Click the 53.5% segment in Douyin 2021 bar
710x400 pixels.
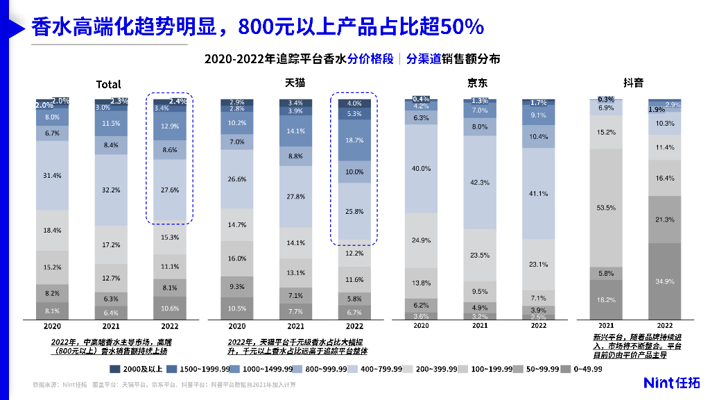pos(605,208)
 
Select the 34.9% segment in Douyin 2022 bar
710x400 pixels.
pos(664,281)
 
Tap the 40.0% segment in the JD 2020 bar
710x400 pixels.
pos(421,169)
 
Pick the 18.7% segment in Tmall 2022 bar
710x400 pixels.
pos(354,140)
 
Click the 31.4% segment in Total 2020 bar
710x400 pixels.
pos(53,175)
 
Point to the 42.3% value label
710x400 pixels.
pos(480,183)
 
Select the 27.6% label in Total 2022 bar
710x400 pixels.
pos(170,190)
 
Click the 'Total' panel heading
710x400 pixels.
pos(108,85)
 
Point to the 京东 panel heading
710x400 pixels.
pos(476,83)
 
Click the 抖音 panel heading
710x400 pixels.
pos(632,83)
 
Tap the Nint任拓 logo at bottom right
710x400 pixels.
pos(672,383)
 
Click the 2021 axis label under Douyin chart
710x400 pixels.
pos(605,325)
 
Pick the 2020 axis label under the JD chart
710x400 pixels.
pos(421,325)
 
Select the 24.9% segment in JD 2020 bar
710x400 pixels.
pos(421,240)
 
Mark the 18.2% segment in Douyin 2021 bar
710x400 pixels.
pos(605,299)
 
